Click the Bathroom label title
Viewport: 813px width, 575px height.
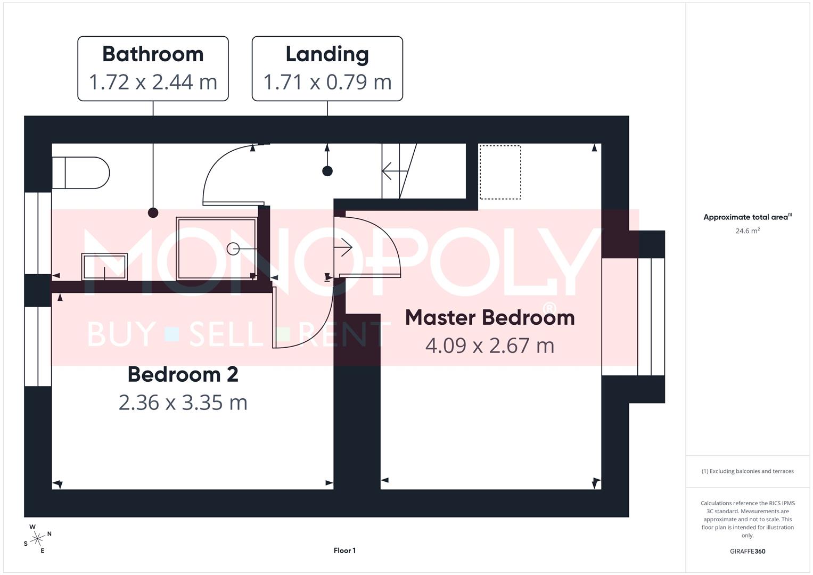[x=153, y=54]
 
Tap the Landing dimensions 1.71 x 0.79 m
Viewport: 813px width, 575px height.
[x=327, y=82]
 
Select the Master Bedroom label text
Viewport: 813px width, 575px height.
[x=489, y=317]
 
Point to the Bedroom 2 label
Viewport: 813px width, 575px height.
[x=183, y=374]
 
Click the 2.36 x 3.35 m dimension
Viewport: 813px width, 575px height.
[x=183, y=402]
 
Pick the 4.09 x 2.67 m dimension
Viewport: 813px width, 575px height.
[x=489, y=346]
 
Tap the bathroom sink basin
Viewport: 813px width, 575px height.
[x=104, y=267]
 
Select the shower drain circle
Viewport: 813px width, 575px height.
[x=233, y=249]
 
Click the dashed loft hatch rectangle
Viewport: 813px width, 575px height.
[x=500, y=172]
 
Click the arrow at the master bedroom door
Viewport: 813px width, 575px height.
[x=345, y=248]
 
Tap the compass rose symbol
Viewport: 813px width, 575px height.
[x=37, y=539]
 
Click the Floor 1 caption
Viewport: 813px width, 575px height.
[x=344, y=551]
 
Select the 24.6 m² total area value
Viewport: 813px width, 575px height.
[x=747, y=231]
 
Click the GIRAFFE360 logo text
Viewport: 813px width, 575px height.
[x=747, y=551]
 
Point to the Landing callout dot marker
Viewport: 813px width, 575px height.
[x=327, y=171]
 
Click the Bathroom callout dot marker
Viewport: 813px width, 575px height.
[x=153, y=213]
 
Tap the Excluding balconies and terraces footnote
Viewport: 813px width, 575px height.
[x=747, y=471]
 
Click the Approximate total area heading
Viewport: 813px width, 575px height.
[x=747, y=217]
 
